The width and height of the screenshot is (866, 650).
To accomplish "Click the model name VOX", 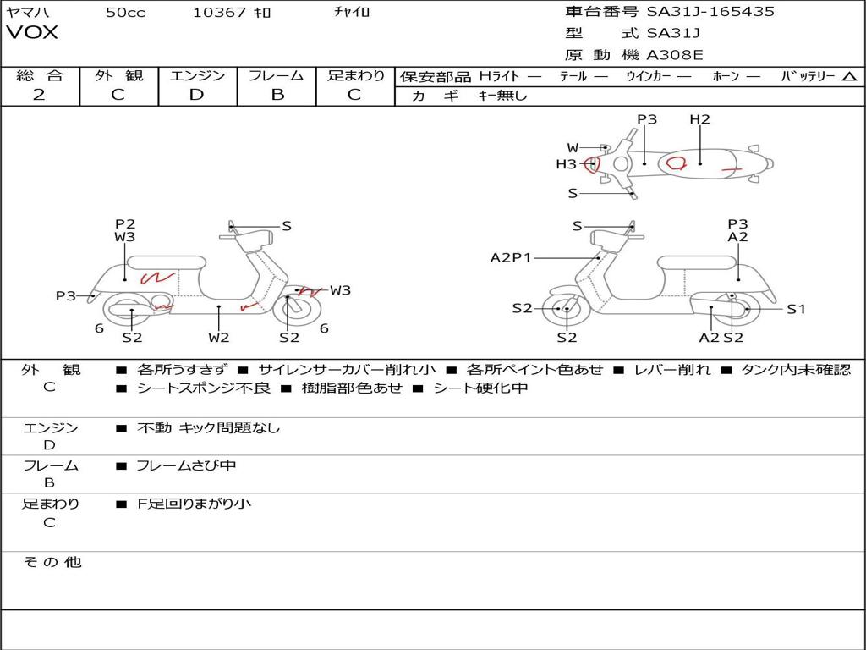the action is pos(32,33).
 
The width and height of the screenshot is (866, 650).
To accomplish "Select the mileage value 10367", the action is pos(219,12).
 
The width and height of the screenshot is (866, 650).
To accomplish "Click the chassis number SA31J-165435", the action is pos(710,12).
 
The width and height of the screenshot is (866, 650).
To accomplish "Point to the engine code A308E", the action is pos(674,56).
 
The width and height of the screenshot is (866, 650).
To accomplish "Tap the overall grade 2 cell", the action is pos(39,95).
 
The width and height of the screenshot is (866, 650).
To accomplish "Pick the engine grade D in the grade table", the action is pos(196,95).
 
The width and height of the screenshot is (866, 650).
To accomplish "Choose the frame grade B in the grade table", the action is pos(277,95).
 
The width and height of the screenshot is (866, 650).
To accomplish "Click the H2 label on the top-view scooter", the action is pos(699,119).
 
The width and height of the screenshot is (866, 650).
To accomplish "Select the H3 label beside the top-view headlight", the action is pos(566,164).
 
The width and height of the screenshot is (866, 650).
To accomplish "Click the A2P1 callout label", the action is pos(511,257).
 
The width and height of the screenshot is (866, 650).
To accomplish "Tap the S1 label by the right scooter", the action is pos(796,309).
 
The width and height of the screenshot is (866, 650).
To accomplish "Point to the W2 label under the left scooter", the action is pos(219,338).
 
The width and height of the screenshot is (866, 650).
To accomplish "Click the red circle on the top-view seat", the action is pos(676,162).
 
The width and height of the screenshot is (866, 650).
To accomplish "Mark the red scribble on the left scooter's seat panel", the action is pos(157,277).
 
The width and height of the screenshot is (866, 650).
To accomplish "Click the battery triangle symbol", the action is pos(849,76).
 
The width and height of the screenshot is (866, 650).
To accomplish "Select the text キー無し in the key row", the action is pos(502,96).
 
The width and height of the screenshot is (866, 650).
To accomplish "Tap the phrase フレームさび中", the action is pos(186,465).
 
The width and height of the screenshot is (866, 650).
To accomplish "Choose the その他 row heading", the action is pos(52,562).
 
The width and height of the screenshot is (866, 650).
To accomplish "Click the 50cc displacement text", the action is pos(125,12).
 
